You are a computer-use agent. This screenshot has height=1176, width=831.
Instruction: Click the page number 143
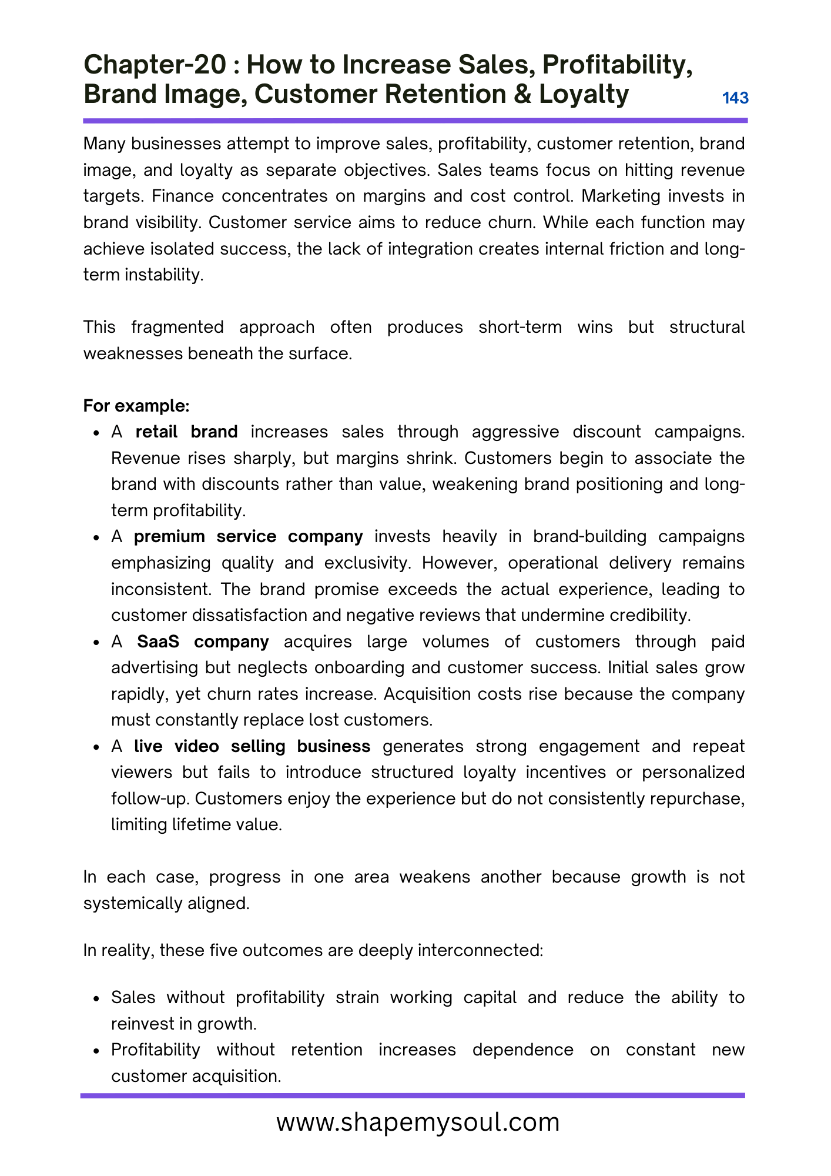tap(735, 98)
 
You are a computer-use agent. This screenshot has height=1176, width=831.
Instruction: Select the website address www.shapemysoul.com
tap(418, 1122)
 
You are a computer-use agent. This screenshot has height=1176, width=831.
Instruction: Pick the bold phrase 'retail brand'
tap(186, 432)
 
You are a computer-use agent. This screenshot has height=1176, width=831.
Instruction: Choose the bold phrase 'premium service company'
tap(248, 536)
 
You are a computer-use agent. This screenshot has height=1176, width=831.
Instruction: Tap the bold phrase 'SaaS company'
tap(203, 641)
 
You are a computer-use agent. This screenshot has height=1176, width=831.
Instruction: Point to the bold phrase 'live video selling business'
tap(252, 746)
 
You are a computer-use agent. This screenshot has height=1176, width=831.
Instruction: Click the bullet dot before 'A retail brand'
tap(96, 433)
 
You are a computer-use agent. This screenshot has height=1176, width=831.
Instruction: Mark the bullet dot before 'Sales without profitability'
tap(96, 998)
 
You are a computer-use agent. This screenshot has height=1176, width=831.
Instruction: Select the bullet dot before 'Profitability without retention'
tap(96, 1051)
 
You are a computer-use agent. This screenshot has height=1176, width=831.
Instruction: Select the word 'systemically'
tap(132, 903)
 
